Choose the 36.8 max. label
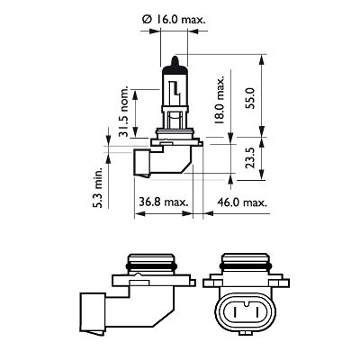163,203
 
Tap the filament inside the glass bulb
172,94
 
